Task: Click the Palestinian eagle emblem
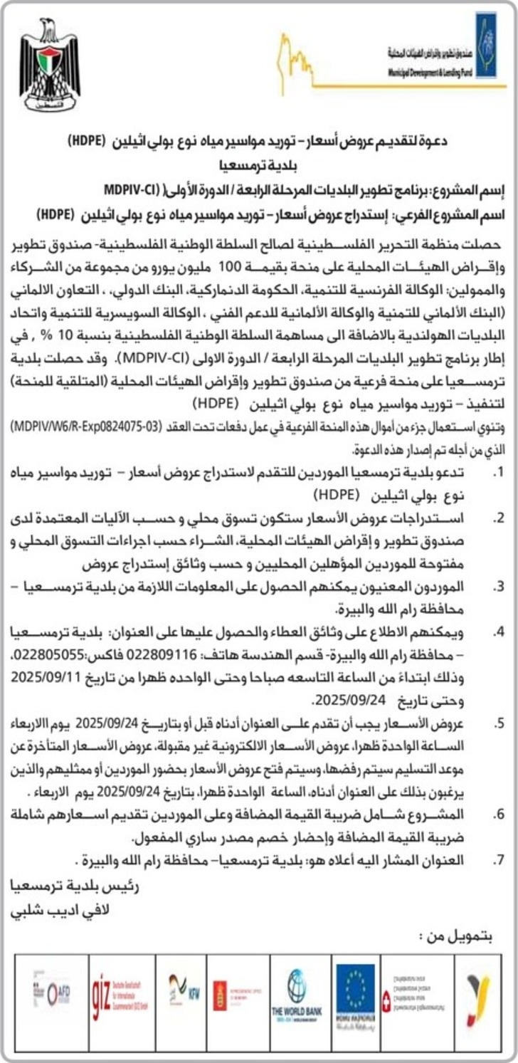click(x=49, y=66)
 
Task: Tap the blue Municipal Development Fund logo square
click(x=487, y=44)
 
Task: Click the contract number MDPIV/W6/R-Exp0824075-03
click(x=85, y=426)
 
